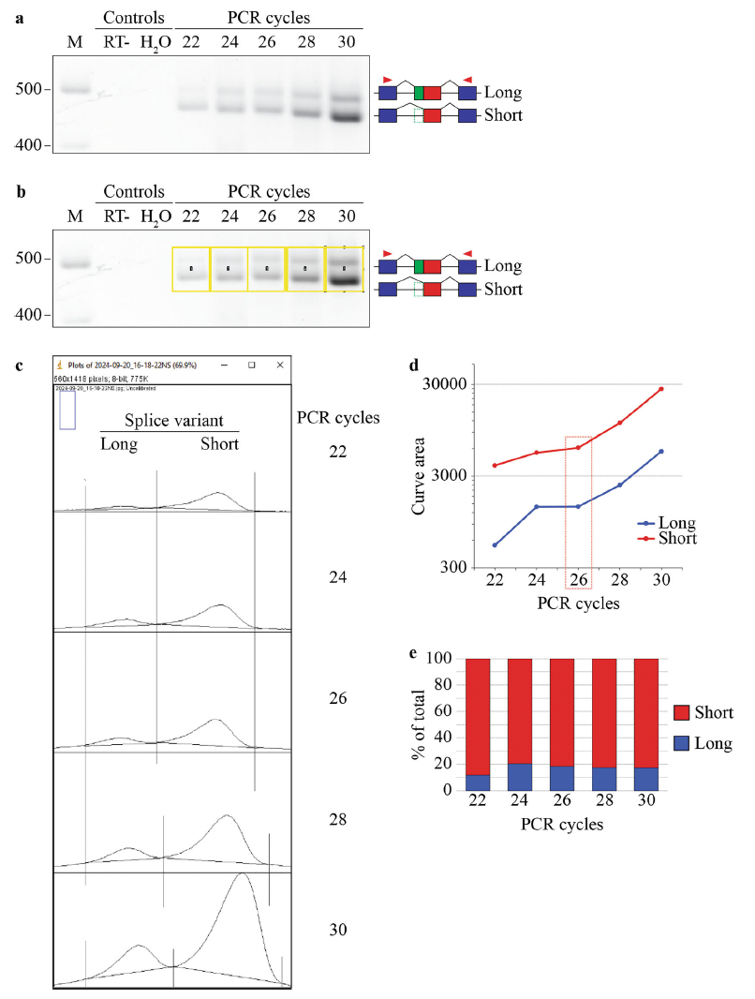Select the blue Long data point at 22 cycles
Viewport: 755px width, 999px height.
pyautogui.click(x=495, y=545)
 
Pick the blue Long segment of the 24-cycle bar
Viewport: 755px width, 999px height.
pyautogui.click(x=521, y=777)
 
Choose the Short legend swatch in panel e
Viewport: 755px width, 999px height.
pyautogui.click(x=685, y=713)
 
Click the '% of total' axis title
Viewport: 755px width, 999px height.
pyautogui.click(x=422, y=724)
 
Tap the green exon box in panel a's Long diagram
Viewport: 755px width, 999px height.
pyautogui.click(x=418, y=93)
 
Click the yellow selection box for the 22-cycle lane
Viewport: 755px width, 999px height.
pyautogui.click(x=191, y=269)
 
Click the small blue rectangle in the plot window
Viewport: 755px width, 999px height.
pyautogui.click(x=67, y=410)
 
